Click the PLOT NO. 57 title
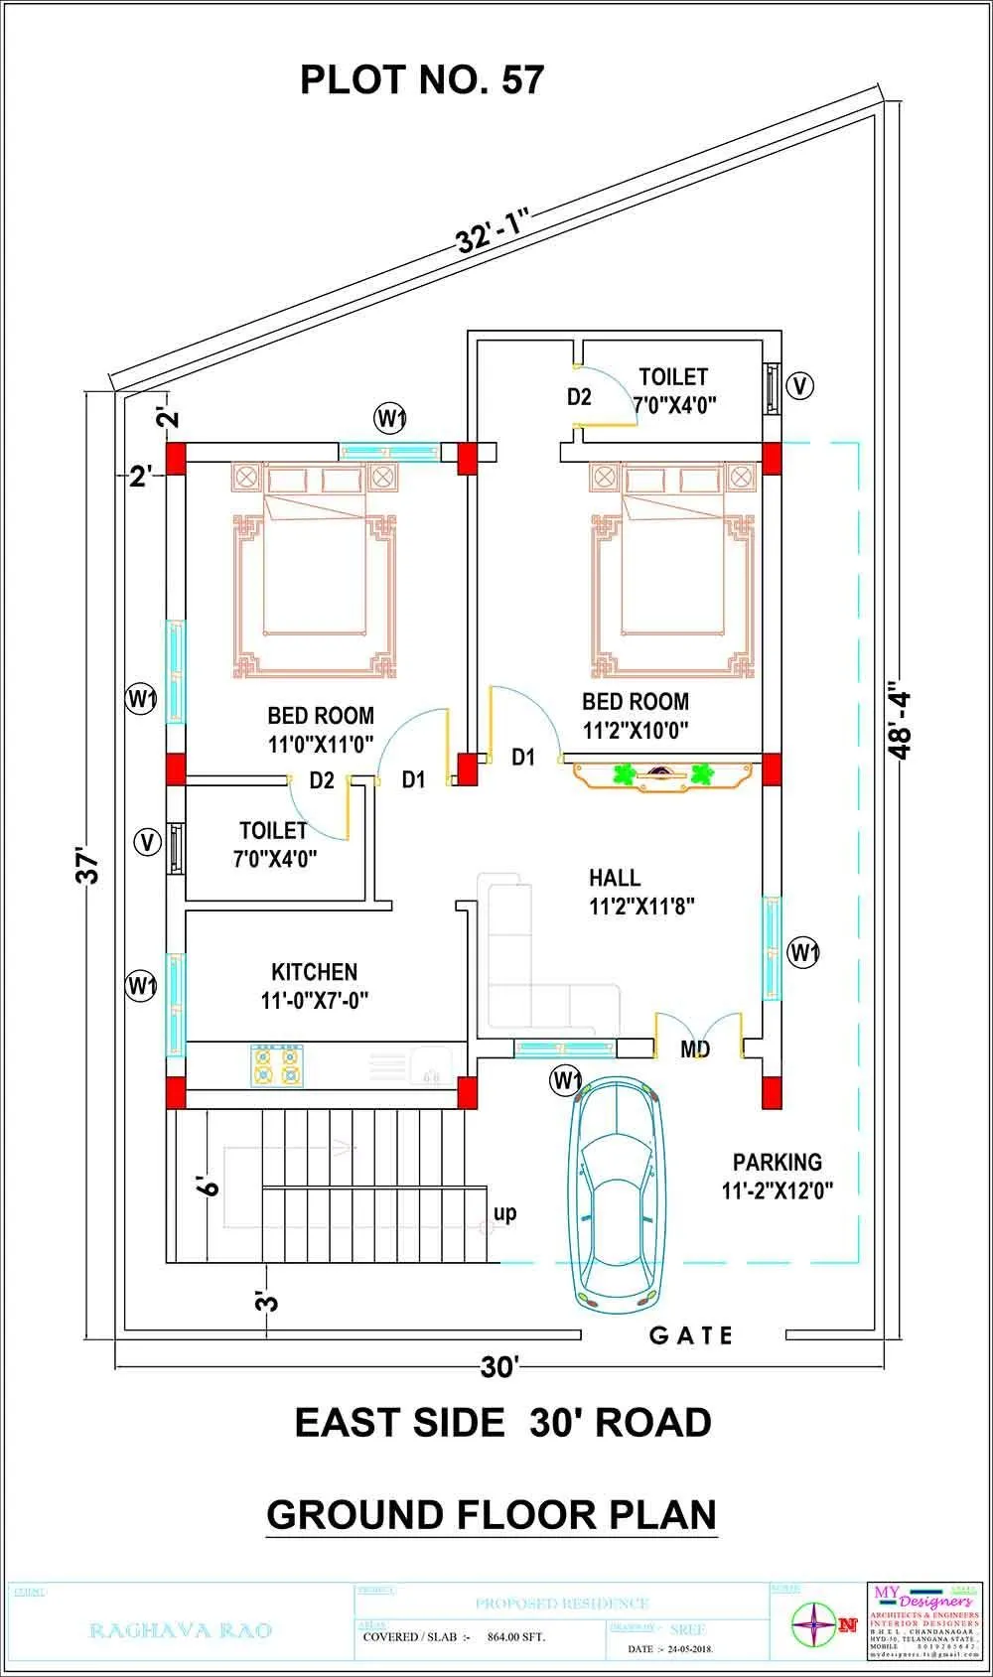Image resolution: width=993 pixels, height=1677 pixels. click(x=422, y=79)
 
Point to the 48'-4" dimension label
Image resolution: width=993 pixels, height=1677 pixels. click(x=900, y=719)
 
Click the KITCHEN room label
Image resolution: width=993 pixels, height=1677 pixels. click(x=314, y=972)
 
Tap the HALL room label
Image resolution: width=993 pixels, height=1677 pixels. click(x=615, y=878)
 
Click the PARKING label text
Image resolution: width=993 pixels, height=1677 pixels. click(x=777, y=1162)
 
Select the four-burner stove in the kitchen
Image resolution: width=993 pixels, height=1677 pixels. click(x=277, y=1065)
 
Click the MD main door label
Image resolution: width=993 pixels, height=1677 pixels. click(x=695, y=1049)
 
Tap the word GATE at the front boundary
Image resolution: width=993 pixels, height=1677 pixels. click(x=691, y=1335)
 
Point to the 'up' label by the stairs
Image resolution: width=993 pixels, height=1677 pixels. click(x=504, y=1213)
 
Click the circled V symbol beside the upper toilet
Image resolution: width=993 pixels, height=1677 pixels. click(x=799, y=385)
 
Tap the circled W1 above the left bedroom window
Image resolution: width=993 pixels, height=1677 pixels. click(x=390, y=417)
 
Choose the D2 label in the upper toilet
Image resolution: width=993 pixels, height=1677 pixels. click(x=579, y=397)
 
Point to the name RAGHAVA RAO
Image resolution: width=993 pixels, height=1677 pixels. click(x=181, y=1630)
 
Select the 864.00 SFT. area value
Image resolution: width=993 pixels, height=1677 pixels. click(x=515, y=1637)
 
